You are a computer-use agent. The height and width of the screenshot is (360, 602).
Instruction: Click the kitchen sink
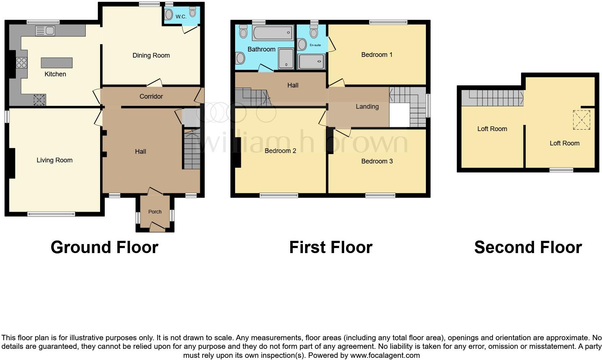pos(45,31)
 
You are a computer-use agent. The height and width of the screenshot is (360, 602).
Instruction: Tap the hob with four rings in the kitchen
pos(22,63)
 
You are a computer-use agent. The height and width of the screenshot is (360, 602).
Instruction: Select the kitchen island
pos(57,63)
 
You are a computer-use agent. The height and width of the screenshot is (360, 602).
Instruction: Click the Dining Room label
pos(151,55)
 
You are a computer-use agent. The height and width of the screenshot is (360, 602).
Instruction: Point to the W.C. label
pos(181,17)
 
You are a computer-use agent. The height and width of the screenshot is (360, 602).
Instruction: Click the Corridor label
pos(151,96)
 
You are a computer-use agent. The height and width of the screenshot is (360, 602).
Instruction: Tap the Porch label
pos(155,212)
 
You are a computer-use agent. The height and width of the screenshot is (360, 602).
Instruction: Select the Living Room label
pos(54,160)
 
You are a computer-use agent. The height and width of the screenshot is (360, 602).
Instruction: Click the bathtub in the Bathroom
pos(273,33)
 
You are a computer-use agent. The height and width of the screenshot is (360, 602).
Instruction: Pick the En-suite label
pos(315,45)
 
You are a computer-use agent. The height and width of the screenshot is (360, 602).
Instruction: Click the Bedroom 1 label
pos(377,55)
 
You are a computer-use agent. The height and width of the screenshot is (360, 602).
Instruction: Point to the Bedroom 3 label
pos(377,161)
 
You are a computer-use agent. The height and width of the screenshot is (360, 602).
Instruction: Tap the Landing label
pos(367,107)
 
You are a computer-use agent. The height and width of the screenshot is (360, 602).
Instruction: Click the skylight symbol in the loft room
pos(581,120)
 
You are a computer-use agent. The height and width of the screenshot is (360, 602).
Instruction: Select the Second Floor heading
pos(528,248)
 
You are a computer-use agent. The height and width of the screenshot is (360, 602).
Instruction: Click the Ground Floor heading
pos(104,248)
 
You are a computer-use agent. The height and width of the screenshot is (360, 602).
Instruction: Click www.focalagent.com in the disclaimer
pos(385,355)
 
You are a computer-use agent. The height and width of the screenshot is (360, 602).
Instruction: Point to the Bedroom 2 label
pos(280,151)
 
